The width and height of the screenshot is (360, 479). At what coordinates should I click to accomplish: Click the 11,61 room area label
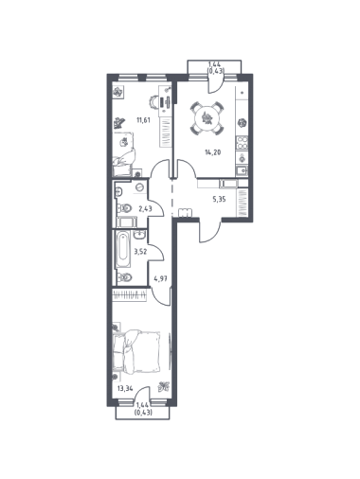pyautogui.click(x=143, y=120)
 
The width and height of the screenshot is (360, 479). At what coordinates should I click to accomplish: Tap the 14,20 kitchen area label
pyautogui.click(x=213, y=152)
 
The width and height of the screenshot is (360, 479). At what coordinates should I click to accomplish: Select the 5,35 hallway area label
pyautogui.click(x=219, y=199)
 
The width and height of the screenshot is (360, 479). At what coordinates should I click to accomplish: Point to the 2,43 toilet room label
pyautogui.click(x=145, y=208)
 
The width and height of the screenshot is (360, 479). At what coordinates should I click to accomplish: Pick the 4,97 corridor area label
pyautogui.click(x=160, y=278)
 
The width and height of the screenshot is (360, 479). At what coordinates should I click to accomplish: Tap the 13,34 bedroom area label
pyautogui.click(x=125, y=388)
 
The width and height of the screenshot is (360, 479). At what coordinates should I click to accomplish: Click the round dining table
pyautogui.click(x=207, y=118)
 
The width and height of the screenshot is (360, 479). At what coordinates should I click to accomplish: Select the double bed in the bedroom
pyautogui.click(x=137, y=351)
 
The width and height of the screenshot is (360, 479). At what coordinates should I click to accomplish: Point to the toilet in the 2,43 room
pyautogui.click(x=125, y=208)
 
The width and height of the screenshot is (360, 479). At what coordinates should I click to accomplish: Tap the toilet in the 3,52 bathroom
pyautogui.click(x=125, y=277)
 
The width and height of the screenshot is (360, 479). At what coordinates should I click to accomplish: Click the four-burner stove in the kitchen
pyautogui.click(x=243, y=142)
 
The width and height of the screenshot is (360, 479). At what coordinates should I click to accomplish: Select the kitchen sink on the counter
pyautogui.click(x=242, y=170)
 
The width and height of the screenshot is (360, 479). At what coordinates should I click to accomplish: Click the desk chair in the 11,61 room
pyautogui.click(x=153, y=102)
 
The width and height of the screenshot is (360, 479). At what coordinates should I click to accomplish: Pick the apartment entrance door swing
pyautogui.click(x=210, y=232)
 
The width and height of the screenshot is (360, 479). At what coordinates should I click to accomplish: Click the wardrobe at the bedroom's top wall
pyautogui.click(x=130, y=295)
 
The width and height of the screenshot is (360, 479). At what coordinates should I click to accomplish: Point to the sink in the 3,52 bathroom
pyautogui.click(x=139, y=235)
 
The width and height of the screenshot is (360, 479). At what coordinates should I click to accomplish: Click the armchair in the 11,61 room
pyautogui.click(x=125, y=154)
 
